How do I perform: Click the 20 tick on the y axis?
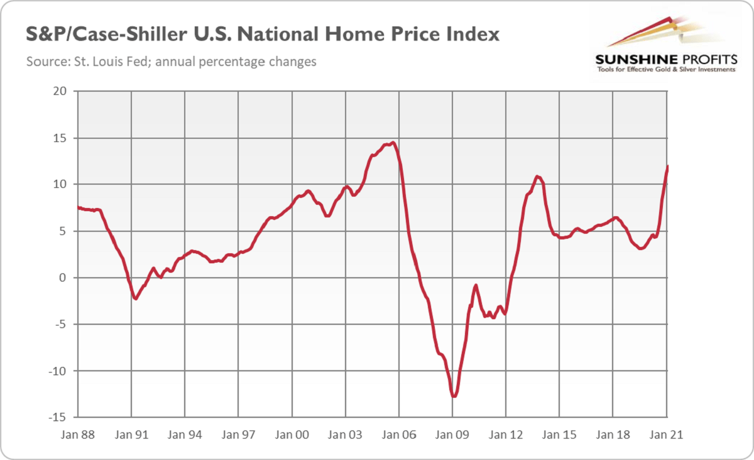pyautogui.click(x=60, y=91)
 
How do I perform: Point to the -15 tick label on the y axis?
pyautogui.click(x=58, y=417)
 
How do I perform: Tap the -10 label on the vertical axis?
pyautogui.click(x=58, y=371)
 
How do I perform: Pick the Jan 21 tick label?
pyautogui.click(x=666, y=434)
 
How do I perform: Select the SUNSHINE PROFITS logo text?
pyautogui.click(x=665, y=59)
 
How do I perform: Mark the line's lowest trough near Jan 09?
pyautogui.click(x=453, y=396)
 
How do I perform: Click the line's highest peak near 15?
pyautogui.click(x=393, y=143)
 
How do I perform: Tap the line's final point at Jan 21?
pyautogui.click(x=667, y=166)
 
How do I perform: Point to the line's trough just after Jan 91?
pyautogui.click(x=136, y=298)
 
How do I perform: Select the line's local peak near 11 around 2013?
pyautogui.click(x=537, y=176)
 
